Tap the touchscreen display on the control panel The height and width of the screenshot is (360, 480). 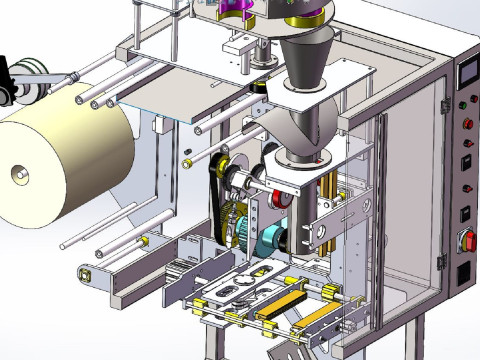pyautogui.click(x=466, y=74)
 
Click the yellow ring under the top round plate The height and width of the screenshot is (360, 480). pyautogui.click(x=306, y=21)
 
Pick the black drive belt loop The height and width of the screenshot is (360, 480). pyautogui.click(x=222, y=200)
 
